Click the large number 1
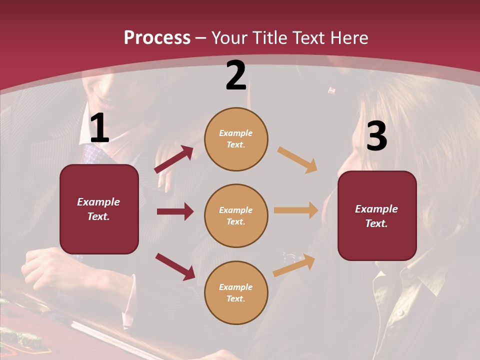(99, 128)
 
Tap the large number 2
(236, 76)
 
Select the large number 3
(376, 136)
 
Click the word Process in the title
(157, 37)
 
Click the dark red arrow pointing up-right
(174, 159)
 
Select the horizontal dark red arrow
(175, 211)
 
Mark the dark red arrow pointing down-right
(175, 266)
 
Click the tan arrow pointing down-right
(297, 160)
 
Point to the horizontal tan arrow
(296, 210)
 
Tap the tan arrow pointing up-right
(294, 265)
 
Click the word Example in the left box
(98, 202)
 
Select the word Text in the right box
(376, 223)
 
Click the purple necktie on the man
(92, 152)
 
